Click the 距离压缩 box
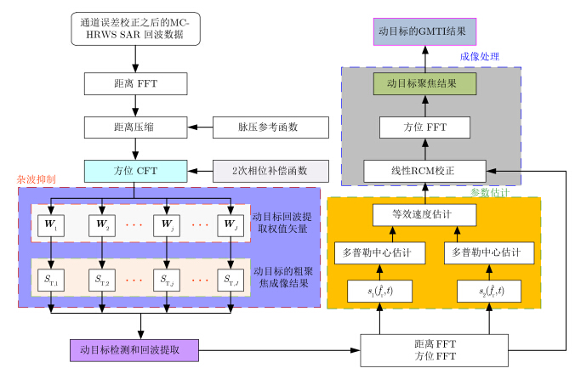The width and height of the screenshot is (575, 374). click(x=135, y=127)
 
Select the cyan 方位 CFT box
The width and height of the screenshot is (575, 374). click(x=135, y=169)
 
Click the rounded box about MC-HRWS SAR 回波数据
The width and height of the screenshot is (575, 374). click(x=135, y=29)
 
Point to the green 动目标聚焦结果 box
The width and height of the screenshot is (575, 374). click(x=425, y=83)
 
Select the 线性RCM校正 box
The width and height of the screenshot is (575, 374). click(x=425, y=170)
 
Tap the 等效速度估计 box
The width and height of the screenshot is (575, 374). click(x=425, y=215)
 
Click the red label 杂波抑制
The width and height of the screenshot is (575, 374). click(x=36, y=180)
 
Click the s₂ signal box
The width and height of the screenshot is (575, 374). click(x=490, y=291)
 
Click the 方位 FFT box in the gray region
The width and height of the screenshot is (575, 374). click(x=425, y=127)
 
